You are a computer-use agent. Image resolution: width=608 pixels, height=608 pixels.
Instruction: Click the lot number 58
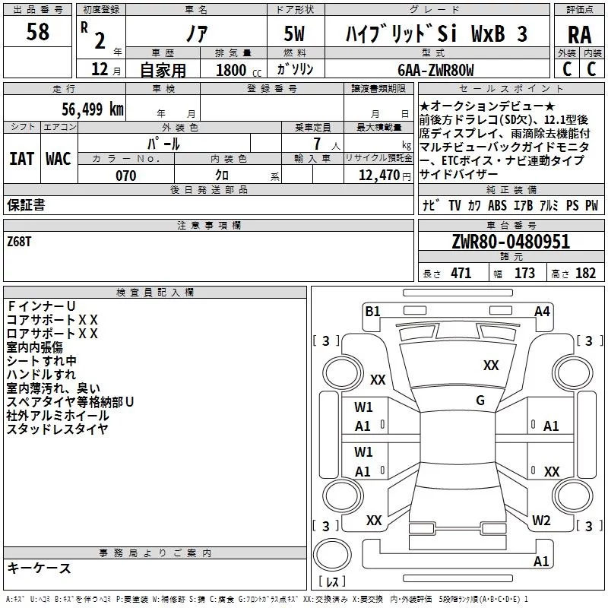[38, 33]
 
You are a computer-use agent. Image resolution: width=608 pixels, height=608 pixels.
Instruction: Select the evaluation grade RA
[579, 34]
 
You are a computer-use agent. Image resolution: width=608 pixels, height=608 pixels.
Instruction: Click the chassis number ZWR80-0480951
[510, 242]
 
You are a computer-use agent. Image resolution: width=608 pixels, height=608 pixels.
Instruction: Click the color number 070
[125, 176]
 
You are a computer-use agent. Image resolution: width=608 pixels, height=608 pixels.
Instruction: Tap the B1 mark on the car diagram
[372, 310]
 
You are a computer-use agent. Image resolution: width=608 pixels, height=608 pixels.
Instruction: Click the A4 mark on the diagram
[542, 310]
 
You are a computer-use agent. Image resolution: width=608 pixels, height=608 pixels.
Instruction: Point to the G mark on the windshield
[480, 400]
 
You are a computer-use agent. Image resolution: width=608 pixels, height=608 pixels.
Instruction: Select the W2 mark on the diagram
[541, 520]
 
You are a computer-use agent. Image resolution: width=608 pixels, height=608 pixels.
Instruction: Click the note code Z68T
[21, 241]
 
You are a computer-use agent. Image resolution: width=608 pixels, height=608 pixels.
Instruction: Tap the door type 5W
[296, 34]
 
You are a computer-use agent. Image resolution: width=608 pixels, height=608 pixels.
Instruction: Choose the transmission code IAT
[21, 159]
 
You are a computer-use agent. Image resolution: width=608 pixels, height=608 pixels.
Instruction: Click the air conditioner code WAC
[59, 159]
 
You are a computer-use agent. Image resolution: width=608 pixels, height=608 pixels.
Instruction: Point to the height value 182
[585, 274]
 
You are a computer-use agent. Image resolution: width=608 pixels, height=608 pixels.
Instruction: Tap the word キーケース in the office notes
[39, 568]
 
